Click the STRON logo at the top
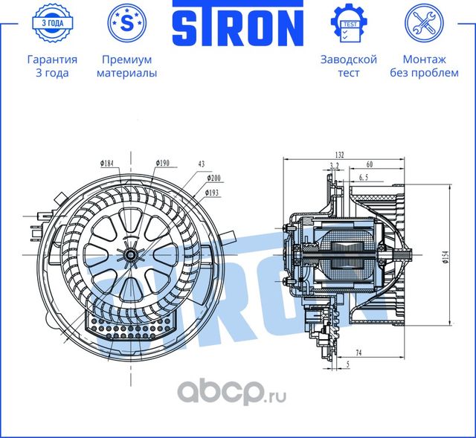(238, 25)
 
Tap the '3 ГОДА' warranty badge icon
(51, 23)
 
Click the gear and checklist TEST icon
(348, 23)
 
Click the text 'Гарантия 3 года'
(51, 66)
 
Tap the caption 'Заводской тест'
(348, 66)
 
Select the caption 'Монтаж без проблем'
(425, 66)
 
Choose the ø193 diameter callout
(214, 193)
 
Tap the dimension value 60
(370, 164)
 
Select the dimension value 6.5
(364, 178)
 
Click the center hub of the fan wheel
(131, 255)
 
